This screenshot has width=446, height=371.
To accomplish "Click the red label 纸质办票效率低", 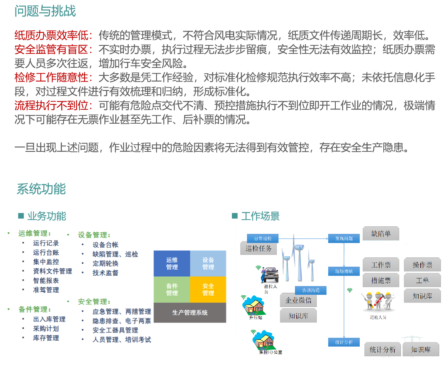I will coord(53,35).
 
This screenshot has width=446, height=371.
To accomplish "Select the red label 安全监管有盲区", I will coord(53,50).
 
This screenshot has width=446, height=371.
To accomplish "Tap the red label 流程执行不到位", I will coord(53,105).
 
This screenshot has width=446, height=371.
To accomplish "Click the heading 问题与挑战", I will coord(45,11).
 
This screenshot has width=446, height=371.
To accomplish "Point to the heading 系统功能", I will coord(41,189).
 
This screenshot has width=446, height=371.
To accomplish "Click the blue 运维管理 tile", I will coord(172,264).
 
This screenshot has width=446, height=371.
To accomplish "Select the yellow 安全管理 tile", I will coord(208,289).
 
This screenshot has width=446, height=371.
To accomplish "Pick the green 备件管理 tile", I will coord(172,289).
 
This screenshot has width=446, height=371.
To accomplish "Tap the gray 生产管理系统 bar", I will coord(190,313).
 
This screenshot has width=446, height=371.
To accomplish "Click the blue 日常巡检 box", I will coord(259,238).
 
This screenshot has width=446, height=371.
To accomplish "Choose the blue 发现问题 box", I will coord(344,238).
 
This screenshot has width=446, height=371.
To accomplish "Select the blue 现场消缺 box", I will coord(344,271).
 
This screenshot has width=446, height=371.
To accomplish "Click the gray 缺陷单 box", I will coord(381,233).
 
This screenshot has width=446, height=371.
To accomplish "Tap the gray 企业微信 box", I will coord(298,300).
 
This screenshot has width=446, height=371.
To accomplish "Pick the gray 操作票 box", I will coord(422,265).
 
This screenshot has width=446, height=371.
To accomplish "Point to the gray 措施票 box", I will coord(381,280).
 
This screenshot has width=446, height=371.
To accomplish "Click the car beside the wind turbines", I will coord(269,274).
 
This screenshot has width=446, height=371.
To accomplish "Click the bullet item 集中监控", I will coord(46,262).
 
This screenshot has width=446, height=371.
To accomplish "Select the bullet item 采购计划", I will coord(46,329).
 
